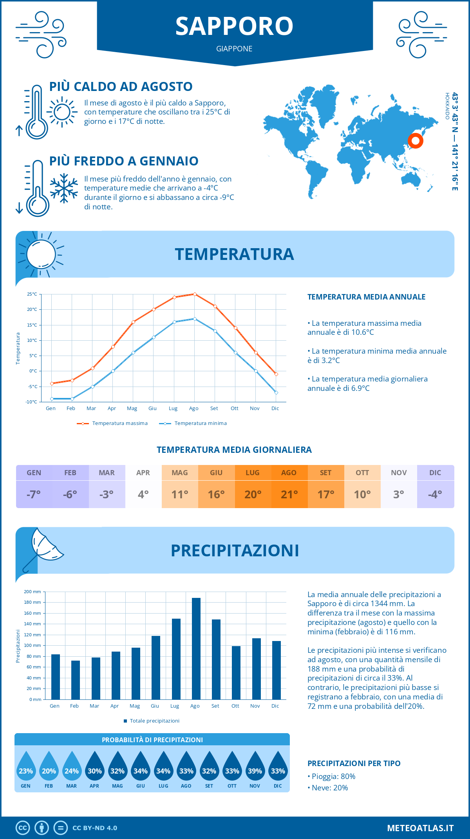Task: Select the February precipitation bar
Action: [x=76, y=680]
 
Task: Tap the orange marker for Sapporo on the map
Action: [x=415, y=140]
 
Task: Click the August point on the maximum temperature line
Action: [x=195, y=294]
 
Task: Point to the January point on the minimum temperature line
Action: [x=52, y=399]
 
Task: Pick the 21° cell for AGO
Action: [x=289, y=494]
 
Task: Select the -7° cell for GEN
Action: [x=34, y=494]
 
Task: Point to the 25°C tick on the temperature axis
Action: [x=32, y=294]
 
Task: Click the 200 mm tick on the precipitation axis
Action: [x=33, y=592]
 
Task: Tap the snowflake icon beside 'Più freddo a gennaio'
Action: [x=64, y=188]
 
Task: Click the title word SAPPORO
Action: [x=234, y=26]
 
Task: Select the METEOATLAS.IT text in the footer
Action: [x=420, y=828]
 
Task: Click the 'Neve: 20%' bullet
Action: [x=329, y=788]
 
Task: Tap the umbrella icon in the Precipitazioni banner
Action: [x=45, y=547]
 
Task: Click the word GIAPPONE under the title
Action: [x=234, y=49]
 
